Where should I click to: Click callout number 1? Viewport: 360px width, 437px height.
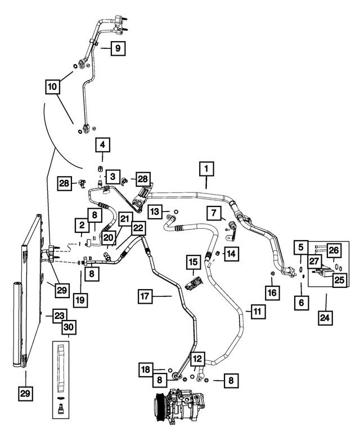pyautogui.click(x=206, y=169)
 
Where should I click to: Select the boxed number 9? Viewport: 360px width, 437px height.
pyautogui.click(x=118, y=48)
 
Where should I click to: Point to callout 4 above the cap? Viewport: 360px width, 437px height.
pyautogui.click(x=102, y=145)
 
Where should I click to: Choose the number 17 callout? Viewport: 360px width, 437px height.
pyautogui.click(x=145, y=296)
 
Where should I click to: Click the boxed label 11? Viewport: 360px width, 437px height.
pyautogui.click(x=258, y=312)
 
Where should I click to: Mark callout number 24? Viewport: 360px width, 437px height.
pyautogui.click(x=325, y=318)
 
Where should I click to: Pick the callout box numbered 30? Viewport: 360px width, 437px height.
pyautogui.click(x=69, y=327)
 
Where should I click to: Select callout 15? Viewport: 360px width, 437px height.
pyautogui.click(x=193, y=262)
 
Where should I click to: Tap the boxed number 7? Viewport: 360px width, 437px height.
pyautogui.click(x=214, y=213)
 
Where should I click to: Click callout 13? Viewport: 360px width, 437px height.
pyautogui.click(x=155, y=211)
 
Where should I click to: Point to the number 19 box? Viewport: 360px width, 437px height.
pyautogui.click(x=81, y=300)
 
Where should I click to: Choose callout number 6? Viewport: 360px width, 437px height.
pyautogui.click(x=301, y=302)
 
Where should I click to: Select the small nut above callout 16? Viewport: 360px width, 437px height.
pyautogui.click(x=272, y=273)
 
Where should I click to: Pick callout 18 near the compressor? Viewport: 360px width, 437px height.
pyautogui.click(x=146, y=370)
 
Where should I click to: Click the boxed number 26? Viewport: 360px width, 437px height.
pyautogui.click(x=334, y=250)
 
